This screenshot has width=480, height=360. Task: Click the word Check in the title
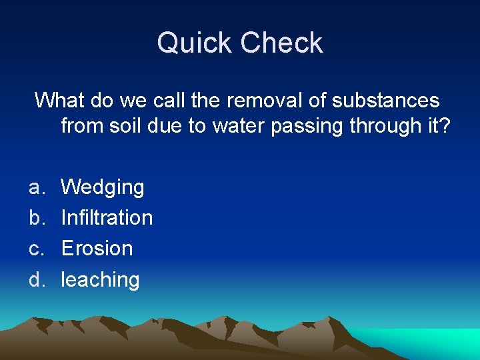282,43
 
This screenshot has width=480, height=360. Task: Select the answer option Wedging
103,187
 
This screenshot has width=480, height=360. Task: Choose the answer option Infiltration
107,217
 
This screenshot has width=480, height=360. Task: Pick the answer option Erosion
97,248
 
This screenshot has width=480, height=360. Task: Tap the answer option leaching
100,279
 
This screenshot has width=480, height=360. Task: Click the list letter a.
35,188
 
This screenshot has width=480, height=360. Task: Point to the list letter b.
35,217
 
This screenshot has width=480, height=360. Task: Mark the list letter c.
35,249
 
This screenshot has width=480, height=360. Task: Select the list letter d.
35,279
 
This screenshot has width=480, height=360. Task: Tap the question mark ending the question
445,126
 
